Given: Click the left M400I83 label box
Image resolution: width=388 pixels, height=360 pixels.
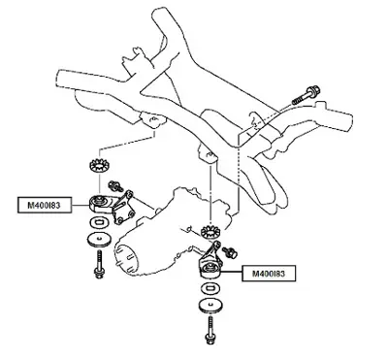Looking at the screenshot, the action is click(x=45, y=205).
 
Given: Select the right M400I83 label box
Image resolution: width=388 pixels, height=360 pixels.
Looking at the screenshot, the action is click(x=269, y=274).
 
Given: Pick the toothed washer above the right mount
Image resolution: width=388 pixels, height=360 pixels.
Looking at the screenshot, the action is click(x=211, y=231).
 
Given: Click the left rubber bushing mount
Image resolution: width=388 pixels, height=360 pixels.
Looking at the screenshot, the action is click(x=101, y=204).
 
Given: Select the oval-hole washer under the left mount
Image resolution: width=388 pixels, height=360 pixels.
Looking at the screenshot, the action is click(x=100, y=222).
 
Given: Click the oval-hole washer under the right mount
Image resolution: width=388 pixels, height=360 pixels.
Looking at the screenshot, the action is click(x=210, y=287).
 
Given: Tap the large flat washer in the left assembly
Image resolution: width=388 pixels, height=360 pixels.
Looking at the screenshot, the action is click(x=99, y=240).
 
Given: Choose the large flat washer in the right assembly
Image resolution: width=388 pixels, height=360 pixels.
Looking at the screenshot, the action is click(x=210, y=306).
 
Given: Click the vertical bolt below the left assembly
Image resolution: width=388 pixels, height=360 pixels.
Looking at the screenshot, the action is click(x=99, y=265).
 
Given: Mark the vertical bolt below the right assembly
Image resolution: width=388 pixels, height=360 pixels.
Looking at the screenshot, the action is click(x=210, y=331).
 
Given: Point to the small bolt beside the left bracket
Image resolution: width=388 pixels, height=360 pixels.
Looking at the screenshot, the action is click(x=115, y=185).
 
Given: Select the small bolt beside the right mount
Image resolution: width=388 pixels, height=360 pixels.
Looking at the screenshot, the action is click(x=231, y=251).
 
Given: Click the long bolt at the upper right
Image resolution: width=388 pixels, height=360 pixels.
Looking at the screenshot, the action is click(x=307, y=94).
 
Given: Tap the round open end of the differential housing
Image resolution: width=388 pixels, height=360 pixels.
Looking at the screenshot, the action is click(x=127, y=258).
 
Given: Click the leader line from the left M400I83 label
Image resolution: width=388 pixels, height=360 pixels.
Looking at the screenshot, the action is click(x=80, y=205).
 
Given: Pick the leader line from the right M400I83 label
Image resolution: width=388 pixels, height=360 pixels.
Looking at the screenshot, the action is click(x=232, y=272).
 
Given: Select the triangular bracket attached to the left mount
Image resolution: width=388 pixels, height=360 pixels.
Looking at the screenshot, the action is click(x=123, y=207).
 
